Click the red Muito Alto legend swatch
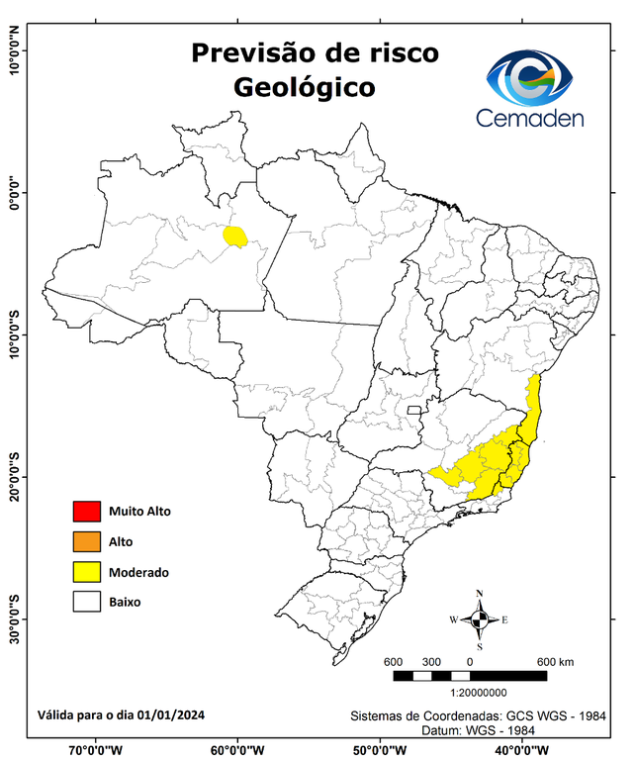click(86, 512)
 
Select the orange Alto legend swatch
click(86, 541)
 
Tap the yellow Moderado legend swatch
click(86, 571)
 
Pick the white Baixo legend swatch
click(86, 601)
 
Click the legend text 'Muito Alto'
click(139, 512)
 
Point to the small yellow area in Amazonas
click(235, 236)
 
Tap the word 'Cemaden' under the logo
click(529, 118)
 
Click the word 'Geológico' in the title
click(305, 87)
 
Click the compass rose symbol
click(480, 620)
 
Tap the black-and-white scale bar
click(470, 676)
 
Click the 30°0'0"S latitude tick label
click(14, 618)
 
